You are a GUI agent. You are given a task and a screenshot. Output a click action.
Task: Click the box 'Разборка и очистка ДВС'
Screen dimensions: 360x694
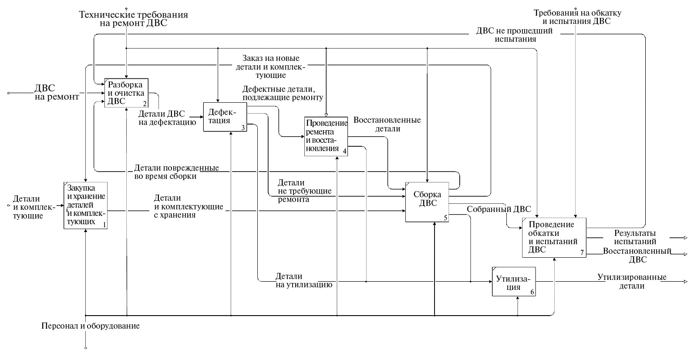[x=126, y=93]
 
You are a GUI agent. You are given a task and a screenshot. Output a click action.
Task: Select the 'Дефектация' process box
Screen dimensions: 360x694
[x=225, y=117]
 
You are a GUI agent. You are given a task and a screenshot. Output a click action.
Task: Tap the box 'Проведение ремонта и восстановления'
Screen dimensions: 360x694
[x=326, y=136]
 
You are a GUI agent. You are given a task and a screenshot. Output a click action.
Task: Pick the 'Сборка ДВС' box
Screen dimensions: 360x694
[x=427, y=202]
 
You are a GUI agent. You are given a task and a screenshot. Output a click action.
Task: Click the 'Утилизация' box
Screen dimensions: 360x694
[x=514, y=281]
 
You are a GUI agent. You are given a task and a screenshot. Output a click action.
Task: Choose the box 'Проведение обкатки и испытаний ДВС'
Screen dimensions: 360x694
[x=554, y=237]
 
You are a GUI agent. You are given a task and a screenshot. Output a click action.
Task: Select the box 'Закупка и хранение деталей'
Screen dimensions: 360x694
[x=85, y=205]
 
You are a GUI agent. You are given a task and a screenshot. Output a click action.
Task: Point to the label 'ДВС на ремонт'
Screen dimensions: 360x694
[x=57, y=92]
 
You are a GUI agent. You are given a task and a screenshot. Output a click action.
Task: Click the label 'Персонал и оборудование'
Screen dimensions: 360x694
[x=91, y=326]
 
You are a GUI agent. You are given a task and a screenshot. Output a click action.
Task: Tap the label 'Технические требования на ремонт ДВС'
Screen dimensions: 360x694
[x=133, y=19]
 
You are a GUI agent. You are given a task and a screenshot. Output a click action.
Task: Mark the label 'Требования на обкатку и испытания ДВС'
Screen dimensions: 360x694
[x=577, y=17]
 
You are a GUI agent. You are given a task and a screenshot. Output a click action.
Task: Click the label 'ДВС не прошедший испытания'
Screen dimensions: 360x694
[x=514, y=35]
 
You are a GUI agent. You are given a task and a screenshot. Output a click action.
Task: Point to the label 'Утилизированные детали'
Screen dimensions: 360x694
[x=632, y=281]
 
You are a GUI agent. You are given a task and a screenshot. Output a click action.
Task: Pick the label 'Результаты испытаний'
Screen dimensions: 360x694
[x=635, y=237]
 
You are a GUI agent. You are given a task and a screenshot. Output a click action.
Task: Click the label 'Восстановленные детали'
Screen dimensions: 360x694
[x=387, y=124]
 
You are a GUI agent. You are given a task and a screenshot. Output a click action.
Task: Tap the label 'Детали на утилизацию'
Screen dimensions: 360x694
[x=303, y=281]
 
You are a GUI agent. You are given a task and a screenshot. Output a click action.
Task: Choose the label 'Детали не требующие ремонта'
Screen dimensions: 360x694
[x=304, y=191]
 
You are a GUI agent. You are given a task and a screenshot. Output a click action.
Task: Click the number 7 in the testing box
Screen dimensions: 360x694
[x=582, y=252]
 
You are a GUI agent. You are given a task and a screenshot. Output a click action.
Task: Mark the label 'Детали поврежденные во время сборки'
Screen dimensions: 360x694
[x=176, y=172]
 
